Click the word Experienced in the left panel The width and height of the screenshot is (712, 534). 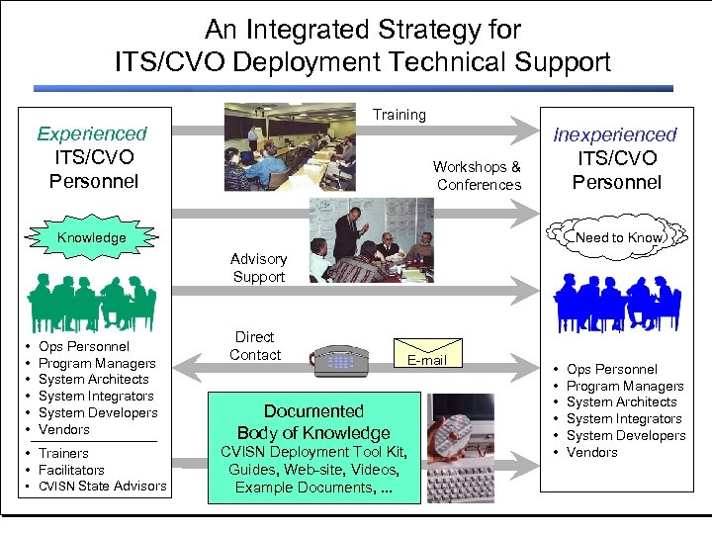tap(92, 133)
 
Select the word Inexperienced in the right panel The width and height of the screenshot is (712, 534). tap(615, 134)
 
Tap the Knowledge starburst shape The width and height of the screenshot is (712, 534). tap(91, 237)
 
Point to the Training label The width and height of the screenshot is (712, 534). tap(400, 115)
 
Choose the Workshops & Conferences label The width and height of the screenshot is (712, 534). tap(479, 176)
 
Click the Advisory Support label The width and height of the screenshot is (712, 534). tap(258, 268)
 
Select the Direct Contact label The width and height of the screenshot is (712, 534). tap(255, 346)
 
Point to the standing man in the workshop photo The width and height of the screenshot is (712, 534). tap(347, 232)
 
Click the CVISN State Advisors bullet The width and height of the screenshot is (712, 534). tap(102, 487)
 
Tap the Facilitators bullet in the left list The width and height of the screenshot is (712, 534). tap(71, 470)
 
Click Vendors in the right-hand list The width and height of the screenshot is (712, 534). tap(591, 452)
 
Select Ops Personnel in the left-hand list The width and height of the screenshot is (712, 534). tap(83, 346)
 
